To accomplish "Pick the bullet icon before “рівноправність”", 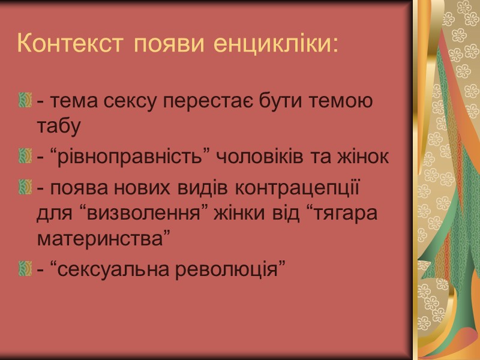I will (x=25, y=157).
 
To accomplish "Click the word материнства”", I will (x=100, y=239).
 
